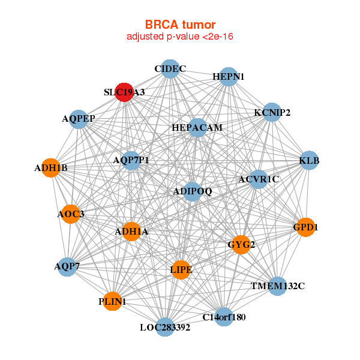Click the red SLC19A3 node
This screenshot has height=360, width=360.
click(124, 92)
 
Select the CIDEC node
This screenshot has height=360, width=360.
click(170, 69)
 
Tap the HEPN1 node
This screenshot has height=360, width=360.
click(228, 77)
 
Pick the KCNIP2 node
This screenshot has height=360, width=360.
click(272, 112)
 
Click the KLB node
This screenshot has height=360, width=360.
click(309, 160)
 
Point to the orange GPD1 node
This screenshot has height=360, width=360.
click(305, 227)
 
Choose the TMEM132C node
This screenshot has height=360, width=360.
click(277, 286)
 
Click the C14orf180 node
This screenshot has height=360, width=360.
click(224, 316)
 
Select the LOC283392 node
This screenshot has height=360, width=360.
click(165, 327)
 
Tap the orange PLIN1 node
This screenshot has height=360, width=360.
click(112, 301)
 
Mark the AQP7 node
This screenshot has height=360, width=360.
click(67, 266)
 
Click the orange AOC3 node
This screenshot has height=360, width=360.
click(71, 214)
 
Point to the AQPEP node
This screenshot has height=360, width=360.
click(79, 119)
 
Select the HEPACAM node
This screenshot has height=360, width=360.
click(197, 128)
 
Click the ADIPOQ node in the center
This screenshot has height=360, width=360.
click(192, 191)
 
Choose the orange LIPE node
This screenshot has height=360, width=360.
click(181, 270)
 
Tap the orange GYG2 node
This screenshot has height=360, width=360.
click(241, 244)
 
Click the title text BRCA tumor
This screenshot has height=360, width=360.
click(180, 25)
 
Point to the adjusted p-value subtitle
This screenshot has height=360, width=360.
click(180, 37)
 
